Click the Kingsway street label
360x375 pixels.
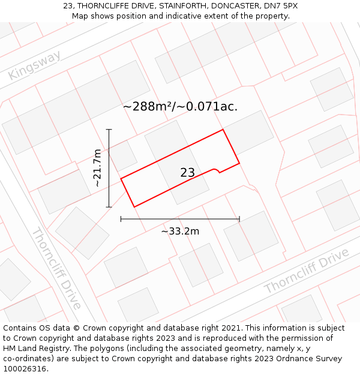35,66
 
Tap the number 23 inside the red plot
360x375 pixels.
187,173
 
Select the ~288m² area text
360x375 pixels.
147,107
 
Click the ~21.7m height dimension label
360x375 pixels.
98,168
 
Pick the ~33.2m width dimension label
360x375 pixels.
180,231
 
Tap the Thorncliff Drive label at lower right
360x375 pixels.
307,271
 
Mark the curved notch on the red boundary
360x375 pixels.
214,170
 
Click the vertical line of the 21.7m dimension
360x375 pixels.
109,168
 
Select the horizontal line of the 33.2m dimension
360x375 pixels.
180,219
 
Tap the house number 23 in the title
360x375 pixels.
68,6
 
